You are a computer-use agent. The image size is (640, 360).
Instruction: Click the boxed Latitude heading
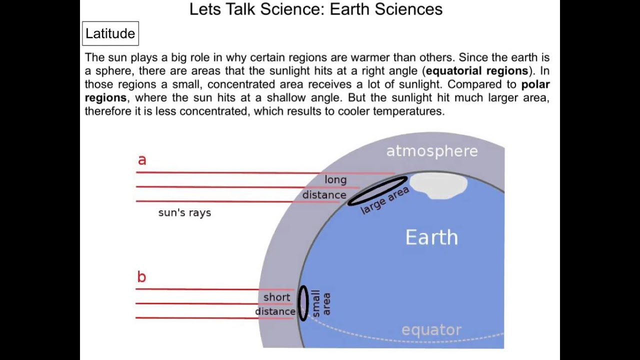(110, 33)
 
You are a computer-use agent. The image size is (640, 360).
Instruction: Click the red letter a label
(142, 160)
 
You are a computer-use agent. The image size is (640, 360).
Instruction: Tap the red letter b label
(141, 277)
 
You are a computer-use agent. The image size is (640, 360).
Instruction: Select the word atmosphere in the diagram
(431, 151)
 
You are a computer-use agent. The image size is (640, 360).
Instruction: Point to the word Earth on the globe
(431, 237)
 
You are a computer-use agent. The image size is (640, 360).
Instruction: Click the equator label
(431, 330)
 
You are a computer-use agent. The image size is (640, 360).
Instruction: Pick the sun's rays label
(184, 212)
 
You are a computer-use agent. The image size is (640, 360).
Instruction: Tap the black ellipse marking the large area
(377, 190)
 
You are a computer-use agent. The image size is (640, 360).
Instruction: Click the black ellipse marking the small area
(302, 303)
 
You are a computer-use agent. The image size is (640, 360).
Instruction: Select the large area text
(385, 200)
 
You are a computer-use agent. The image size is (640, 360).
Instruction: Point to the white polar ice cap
(438, 185)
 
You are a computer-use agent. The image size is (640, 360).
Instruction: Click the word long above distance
(335, 179)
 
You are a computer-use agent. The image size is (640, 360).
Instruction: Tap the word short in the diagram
(276, 297)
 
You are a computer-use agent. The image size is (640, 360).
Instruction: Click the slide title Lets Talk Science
(315, 9)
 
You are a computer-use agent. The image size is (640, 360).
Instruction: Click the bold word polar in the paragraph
(535, 84)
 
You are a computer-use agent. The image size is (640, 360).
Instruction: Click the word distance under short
(275, 311)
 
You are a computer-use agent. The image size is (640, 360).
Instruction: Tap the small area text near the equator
(321, 303)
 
